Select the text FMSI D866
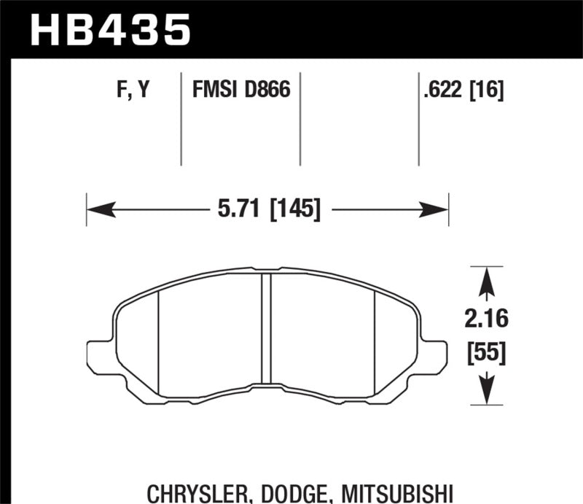240,91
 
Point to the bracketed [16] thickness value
488,91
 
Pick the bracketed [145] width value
295,210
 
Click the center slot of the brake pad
266,328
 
